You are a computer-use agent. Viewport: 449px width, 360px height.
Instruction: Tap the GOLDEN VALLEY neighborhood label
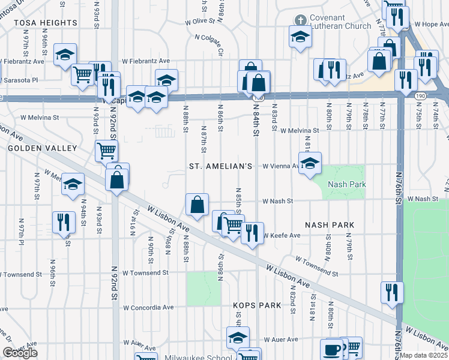click(x=42, y=148)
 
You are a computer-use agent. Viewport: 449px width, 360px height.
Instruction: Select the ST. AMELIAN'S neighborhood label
click(x=221, y=166)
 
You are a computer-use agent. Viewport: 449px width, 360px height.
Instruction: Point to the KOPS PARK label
click(x=258, y=305)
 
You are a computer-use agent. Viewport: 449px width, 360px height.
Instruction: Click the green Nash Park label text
click(x=346, y=184)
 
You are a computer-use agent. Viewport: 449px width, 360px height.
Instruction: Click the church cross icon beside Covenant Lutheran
click(x=300, y=19)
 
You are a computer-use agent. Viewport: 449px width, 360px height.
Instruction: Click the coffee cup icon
click(x=331, y=349)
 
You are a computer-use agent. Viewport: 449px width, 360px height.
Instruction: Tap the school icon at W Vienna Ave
click(x=310, y=163)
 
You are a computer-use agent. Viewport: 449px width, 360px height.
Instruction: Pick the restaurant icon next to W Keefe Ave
click(x=252, y=232)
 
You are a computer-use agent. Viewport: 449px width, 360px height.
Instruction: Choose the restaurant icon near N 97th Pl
click(x=63, y=222)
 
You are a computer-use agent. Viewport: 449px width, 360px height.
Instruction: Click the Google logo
click(x=20, y=353)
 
